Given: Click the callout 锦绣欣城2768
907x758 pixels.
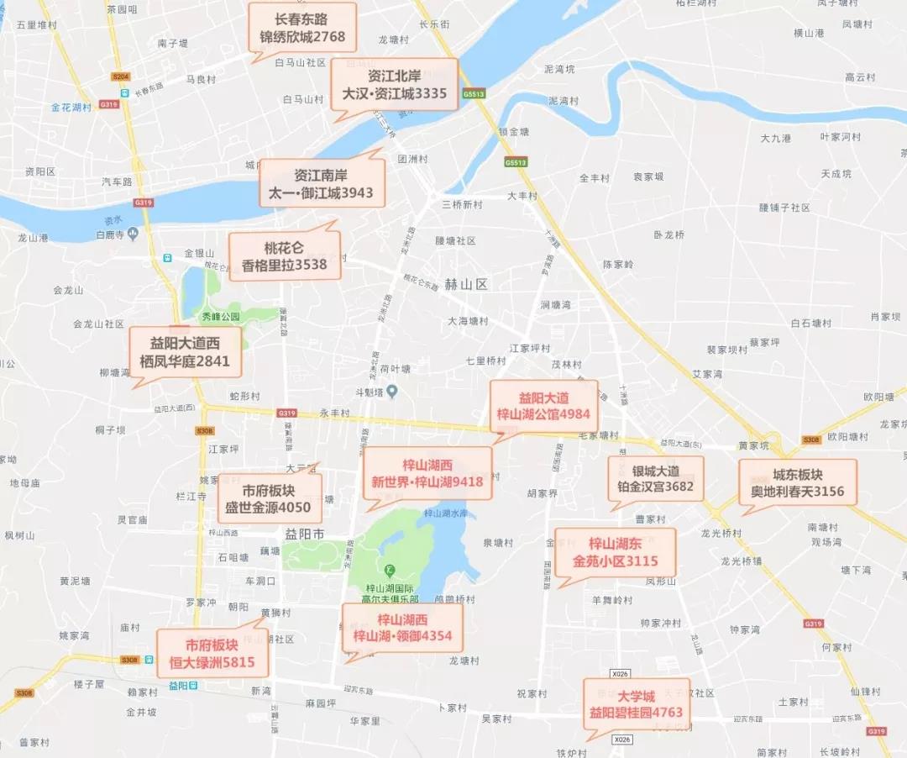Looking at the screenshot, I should pyautogui.click(x=303, y=28).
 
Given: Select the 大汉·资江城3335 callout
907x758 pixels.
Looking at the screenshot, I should pyautogui.click(x=394, y=84).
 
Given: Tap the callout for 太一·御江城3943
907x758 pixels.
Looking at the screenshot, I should pyautogui.click(x=321, y=184).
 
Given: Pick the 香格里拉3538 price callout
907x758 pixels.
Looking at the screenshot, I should pyautogui.click(x=285, y=256).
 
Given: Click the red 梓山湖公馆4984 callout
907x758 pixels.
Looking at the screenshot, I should pyautogui.click(x=543, y=406).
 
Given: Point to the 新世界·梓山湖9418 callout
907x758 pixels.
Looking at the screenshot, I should pyautogui.click(x=427, y=473).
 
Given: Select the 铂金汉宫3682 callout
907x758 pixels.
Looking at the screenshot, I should pyautogui.click(x=656, y=479).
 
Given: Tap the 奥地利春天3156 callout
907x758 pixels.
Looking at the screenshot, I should pyautogui.click(x=798, y=482).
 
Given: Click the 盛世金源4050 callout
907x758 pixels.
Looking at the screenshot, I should pyautogui.click(x=269, y=499).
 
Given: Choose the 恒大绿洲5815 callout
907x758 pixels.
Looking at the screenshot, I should pyautogui.click(x=212, y=654).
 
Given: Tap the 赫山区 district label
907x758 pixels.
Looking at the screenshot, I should pyautogui.click(x=466, y=284).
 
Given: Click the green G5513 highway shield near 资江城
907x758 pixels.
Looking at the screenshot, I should pyautogui.click(x=473, y=95).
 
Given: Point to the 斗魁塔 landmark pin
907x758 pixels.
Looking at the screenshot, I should pyautogui.click(x=391, y=391).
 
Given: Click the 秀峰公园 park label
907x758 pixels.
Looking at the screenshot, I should pyautogui.click(x=220, y=317).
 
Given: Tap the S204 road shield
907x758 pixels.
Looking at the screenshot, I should pyautogui.click(x=120, y=76).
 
